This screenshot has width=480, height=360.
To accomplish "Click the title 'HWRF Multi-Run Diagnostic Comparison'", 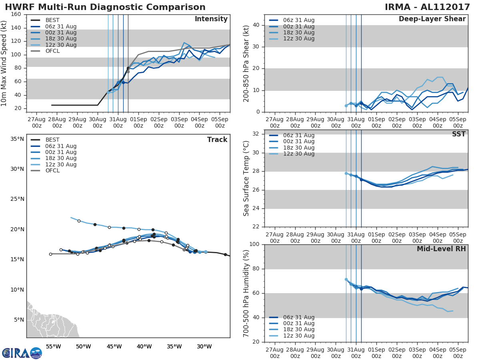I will coord(105,7).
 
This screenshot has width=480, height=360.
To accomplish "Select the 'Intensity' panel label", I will coord(211,19).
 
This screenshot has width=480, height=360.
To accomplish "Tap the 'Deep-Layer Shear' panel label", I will coord(432,19).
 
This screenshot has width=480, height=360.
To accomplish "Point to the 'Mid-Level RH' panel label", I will coord(441,249).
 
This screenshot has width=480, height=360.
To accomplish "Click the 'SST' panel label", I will coord(459,134).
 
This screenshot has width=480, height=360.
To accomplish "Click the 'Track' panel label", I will coord(217,140).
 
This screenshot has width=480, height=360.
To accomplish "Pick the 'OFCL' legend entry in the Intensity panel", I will coord(52,51).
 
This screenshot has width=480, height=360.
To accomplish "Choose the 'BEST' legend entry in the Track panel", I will coord(52,140).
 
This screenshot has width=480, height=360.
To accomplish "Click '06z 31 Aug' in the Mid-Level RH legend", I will coord(298,317).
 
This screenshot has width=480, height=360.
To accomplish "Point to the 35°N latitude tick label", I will coord(17,139).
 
